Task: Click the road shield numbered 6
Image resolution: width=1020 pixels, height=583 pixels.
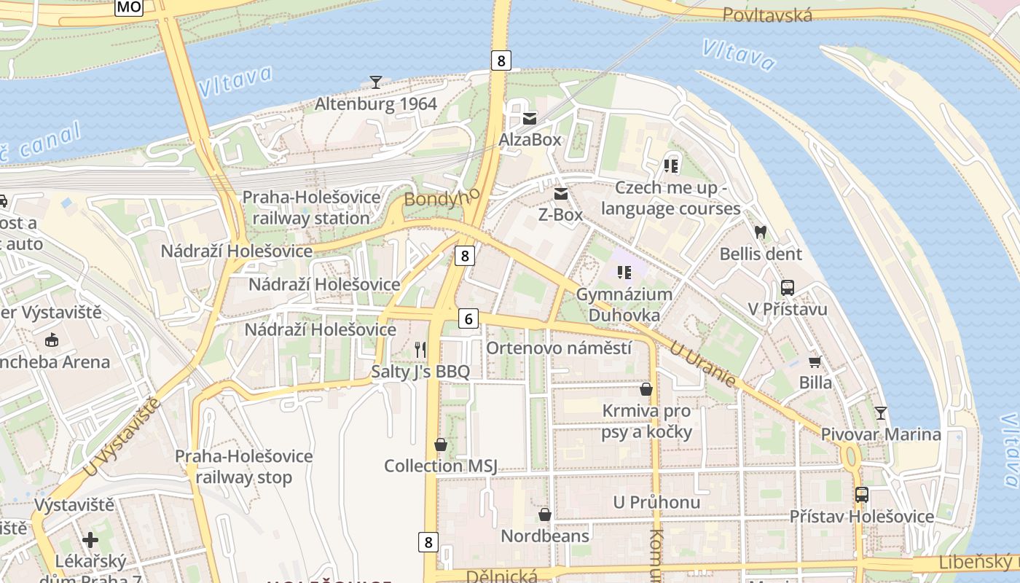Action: [469, 318]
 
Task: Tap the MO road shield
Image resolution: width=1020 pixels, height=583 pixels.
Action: [129, 7]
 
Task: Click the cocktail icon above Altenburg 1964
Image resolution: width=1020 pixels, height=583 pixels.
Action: [375, 82]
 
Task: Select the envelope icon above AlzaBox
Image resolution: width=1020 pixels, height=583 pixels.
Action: [530, 118]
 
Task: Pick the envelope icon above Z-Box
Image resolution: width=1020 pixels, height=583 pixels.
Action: [561, 194]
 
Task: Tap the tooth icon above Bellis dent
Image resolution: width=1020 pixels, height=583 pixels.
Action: [761, 232]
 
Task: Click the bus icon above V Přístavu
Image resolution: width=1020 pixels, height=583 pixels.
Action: [787, 288]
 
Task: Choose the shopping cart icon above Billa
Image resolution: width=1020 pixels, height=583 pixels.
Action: [815, 361]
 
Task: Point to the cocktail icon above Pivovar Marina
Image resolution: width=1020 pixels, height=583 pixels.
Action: [881, 413]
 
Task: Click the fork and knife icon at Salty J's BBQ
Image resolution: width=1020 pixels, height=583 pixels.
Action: [420, 350]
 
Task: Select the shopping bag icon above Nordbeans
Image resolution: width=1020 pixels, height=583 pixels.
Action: [544, 514]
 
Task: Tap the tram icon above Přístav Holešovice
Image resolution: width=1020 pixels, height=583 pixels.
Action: [861, 495]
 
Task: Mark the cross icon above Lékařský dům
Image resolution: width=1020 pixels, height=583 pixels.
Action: [90, 540]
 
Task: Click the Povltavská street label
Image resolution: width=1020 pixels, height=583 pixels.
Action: [767, 15]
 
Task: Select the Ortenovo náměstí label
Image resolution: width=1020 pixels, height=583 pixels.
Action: [559, 348]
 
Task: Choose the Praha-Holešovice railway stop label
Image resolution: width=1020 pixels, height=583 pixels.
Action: [243, 467]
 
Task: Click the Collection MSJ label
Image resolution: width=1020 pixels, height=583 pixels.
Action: [440, 466]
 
